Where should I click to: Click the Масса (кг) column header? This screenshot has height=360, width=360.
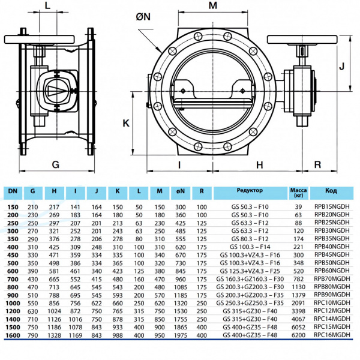pos(298,192)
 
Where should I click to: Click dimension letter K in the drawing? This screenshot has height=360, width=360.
pos(125,123)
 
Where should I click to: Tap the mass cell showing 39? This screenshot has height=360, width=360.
pos(298,206)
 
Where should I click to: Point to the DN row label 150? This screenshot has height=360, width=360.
pos(13,206)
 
